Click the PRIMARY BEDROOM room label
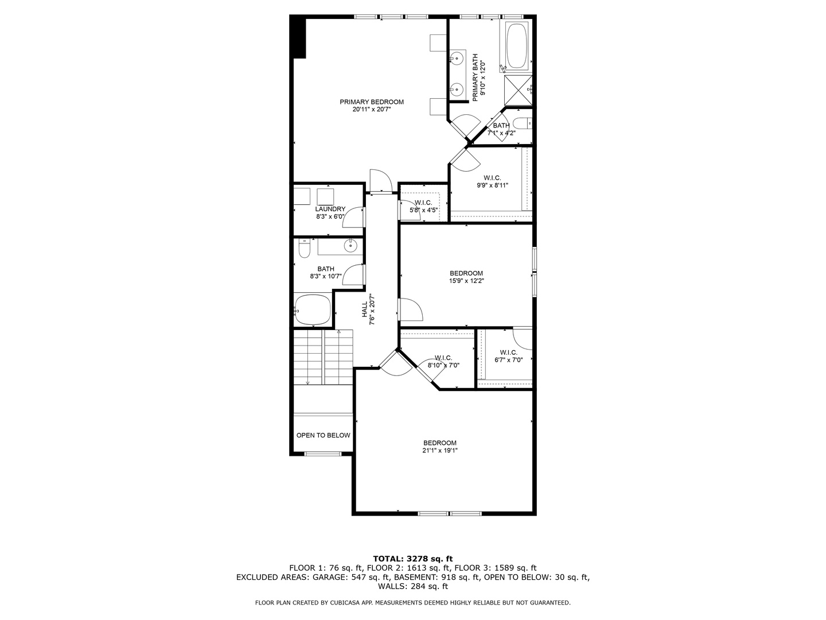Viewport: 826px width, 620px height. pyautogui.click(x=371, y=102)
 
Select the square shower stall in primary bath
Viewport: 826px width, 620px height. pyautogui.click(x=518, y=91)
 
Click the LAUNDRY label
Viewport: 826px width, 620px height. pyautogui.click(x=330, y=209)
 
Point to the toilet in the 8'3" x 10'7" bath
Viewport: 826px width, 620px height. pyautogui.click(x=304, y=249)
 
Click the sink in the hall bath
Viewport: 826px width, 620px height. pyautogui.click(x=350, y=246)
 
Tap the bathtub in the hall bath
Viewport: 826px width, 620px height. pyautogui.click(x=313, y=310)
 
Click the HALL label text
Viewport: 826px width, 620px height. pyautogui.click(x=365, y=310)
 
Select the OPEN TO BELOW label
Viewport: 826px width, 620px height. pyautogui.click(x=323, y=435)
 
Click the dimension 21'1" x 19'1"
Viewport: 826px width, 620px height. pyautogui.click(x=440, y=451)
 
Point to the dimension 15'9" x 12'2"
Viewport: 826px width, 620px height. pyautogui.click(x=466, y=281)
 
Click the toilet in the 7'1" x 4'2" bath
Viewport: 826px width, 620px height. pyautogui.click(x=522, y=123)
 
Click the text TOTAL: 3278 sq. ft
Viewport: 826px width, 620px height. pyautogui.click(x=413, y=558)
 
